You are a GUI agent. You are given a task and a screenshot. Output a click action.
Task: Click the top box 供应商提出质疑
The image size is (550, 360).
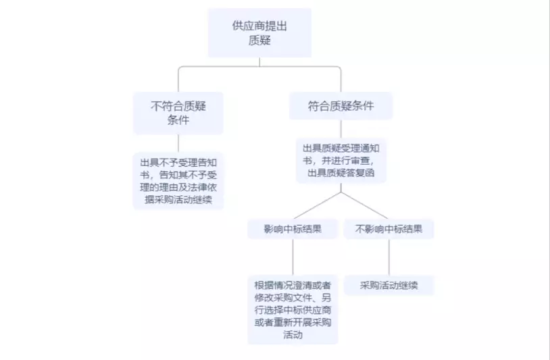[259, 32]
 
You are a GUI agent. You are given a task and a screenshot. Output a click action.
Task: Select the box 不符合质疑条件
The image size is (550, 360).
[178, 113]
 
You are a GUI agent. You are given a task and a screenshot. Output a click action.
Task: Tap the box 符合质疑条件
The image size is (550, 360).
[341, 106]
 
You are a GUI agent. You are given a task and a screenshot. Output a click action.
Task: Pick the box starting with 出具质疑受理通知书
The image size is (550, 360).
[341, 161]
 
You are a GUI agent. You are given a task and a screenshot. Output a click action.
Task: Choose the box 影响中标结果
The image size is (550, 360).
[293, 229]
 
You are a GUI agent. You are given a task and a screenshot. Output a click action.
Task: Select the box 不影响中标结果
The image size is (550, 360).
[389, 229]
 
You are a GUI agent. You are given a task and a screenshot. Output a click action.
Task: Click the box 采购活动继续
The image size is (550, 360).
[389, 285]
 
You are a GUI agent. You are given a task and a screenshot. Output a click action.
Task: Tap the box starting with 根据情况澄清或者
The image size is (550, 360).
[293, 309]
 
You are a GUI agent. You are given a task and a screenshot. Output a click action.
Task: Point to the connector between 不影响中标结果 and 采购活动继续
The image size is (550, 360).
[389, 257]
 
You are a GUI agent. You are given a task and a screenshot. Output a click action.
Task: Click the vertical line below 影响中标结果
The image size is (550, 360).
[293, 257]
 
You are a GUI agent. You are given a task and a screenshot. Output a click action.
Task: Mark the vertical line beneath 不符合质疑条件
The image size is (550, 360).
[178, 143]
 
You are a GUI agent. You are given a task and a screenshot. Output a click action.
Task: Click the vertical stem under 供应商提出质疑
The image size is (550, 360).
[259, 61]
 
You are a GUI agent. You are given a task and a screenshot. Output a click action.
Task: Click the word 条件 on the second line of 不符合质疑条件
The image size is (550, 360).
[178, 120]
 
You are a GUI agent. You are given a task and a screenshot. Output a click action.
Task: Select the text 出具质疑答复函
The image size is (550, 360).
[341, 173]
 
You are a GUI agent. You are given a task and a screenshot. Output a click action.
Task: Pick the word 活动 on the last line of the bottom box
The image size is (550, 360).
[293, 334]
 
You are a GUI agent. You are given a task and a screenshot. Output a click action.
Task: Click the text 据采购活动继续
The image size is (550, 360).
[178, 200]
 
